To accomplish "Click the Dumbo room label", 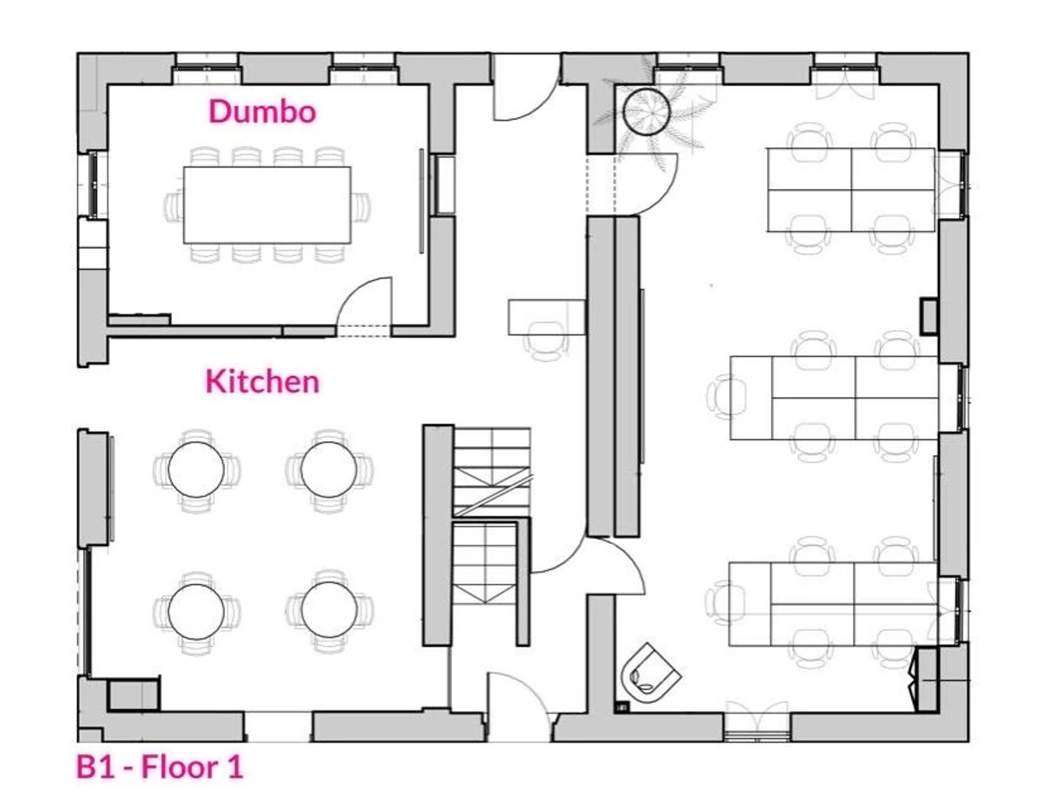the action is coord(262,112).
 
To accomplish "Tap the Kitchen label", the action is coord(262,382).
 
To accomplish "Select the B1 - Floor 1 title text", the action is coord(160,767).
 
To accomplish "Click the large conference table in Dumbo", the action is coord(267,205).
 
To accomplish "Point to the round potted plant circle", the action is coord(646,112).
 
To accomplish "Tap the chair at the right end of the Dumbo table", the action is coord(360,206).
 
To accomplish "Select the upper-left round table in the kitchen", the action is coord(196,470).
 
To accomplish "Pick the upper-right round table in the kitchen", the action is coord(329,470).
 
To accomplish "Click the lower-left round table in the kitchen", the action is coord(196,612).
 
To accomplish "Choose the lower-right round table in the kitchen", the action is coord(330,610).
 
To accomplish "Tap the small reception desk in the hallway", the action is coord(547,317).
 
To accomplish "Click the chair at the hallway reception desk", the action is coord(547,341).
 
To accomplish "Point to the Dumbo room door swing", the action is coord(364,303).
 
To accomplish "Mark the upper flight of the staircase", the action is coord(491,472).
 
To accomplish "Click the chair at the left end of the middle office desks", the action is coord(727,398).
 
